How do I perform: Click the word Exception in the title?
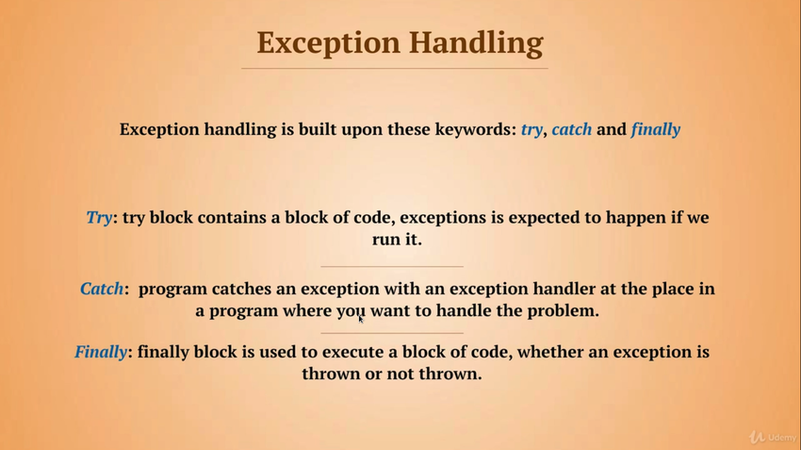tap(328, 43)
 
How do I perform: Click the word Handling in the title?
tap(476, 43)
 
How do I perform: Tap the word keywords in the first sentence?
tap(476, 129)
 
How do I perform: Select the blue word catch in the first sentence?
tap(572, 129)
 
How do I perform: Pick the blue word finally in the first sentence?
tap(656, 130)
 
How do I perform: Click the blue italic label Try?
tap(99, 218)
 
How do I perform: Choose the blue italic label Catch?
tap(102, 289)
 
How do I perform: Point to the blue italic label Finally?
tap(101, 352)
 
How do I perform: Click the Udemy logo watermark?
tap(772, 437)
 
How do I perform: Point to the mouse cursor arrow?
tap(361, 319)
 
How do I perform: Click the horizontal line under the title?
tap(394, 68)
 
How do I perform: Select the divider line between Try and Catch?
tap(392, 266)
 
